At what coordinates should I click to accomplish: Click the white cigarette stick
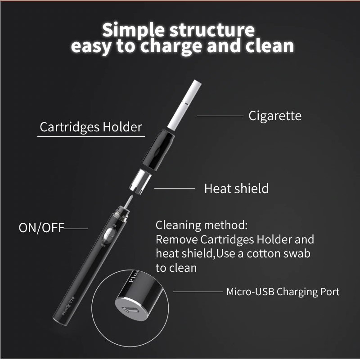point(184,104)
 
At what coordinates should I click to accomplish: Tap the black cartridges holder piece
point(158,150)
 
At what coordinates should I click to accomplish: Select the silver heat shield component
point(140,182)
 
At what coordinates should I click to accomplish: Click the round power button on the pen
point(109,234)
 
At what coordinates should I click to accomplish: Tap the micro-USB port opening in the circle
point(130,310)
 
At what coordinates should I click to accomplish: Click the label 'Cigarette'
point(275,116)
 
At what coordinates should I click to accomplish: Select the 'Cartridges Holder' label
point(91,127)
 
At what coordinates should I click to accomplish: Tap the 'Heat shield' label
point(237,189)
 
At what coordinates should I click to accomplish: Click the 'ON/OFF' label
point(41,228)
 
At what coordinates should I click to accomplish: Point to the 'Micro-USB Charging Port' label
point(283,292)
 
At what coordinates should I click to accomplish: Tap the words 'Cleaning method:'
point(202,225)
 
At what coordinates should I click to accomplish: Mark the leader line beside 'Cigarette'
point(220,116)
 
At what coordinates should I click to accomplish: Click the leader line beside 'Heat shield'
point(175,188)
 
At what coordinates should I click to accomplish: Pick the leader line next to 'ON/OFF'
point(76,229)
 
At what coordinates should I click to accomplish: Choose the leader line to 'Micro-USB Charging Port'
point(198,292)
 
